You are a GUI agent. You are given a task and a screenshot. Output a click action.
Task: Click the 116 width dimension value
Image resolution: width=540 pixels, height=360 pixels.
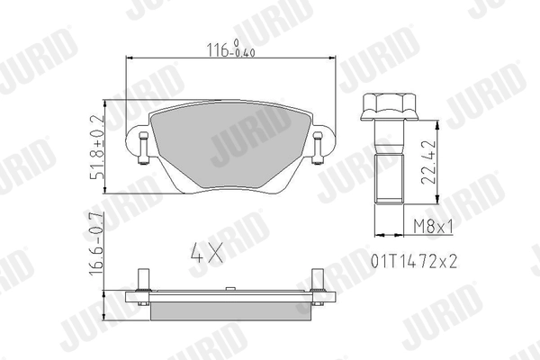(218, 49)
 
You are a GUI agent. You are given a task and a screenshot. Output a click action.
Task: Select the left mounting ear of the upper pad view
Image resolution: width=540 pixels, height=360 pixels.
(141, 148)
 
